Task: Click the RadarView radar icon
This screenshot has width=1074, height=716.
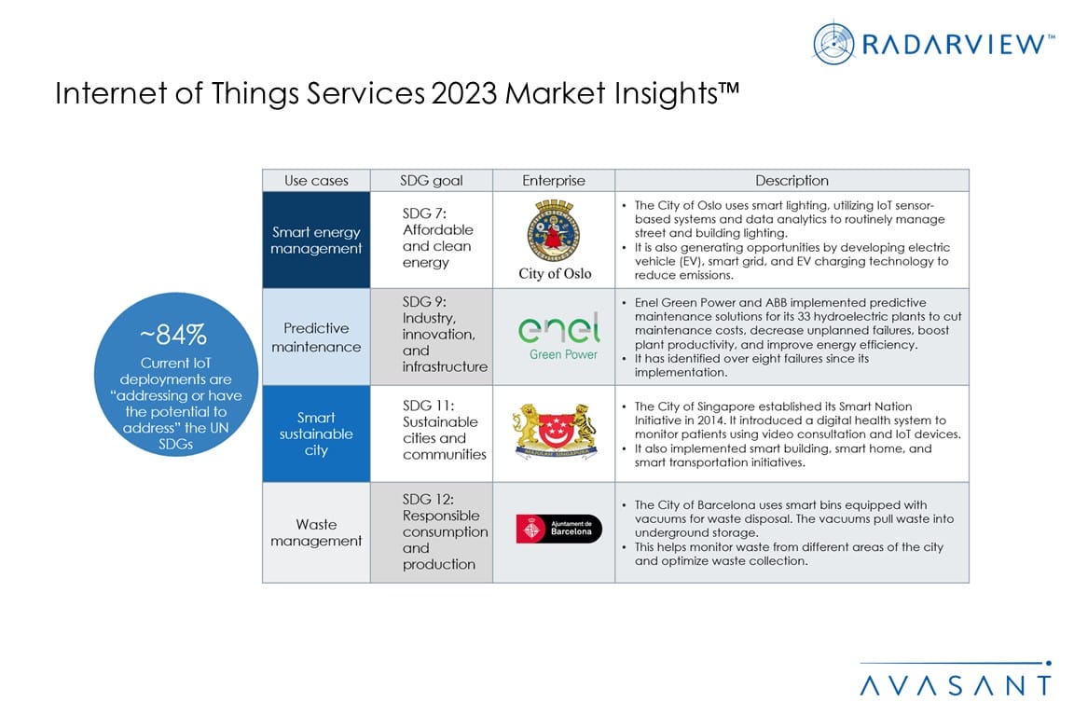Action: pos(833,43)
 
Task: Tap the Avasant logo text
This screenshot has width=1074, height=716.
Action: pos(956,685)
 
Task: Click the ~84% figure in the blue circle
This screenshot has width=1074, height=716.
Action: pos(173,335)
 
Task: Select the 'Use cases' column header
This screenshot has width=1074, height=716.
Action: pos(316,180)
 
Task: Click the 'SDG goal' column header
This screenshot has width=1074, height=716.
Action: pos(432,180)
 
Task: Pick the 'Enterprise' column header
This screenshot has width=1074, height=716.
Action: pos(554,180)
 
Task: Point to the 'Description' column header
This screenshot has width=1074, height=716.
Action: pos(792,180)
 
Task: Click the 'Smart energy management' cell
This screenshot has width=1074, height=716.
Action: pos(316,240)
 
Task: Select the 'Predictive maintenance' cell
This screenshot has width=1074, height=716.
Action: pos(316,337)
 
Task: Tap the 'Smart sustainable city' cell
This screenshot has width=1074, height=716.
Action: pos(316,434)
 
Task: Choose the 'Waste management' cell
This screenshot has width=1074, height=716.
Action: pos(316,532)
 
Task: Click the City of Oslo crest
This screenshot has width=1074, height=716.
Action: pos(554,230)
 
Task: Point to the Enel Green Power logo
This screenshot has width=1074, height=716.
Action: pos(559,336)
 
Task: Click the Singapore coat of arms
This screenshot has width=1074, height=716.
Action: pos(555,431)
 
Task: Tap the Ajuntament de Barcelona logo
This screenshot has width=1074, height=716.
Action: pos(559,529)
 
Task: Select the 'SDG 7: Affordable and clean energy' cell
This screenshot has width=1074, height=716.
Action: pos(432,240)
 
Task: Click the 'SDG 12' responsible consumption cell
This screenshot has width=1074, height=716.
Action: pos(432,532)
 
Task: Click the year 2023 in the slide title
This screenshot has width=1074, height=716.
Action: pos(463,93)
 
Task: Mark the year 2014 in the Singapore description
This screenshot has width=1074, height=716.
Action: pos(711,420)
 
